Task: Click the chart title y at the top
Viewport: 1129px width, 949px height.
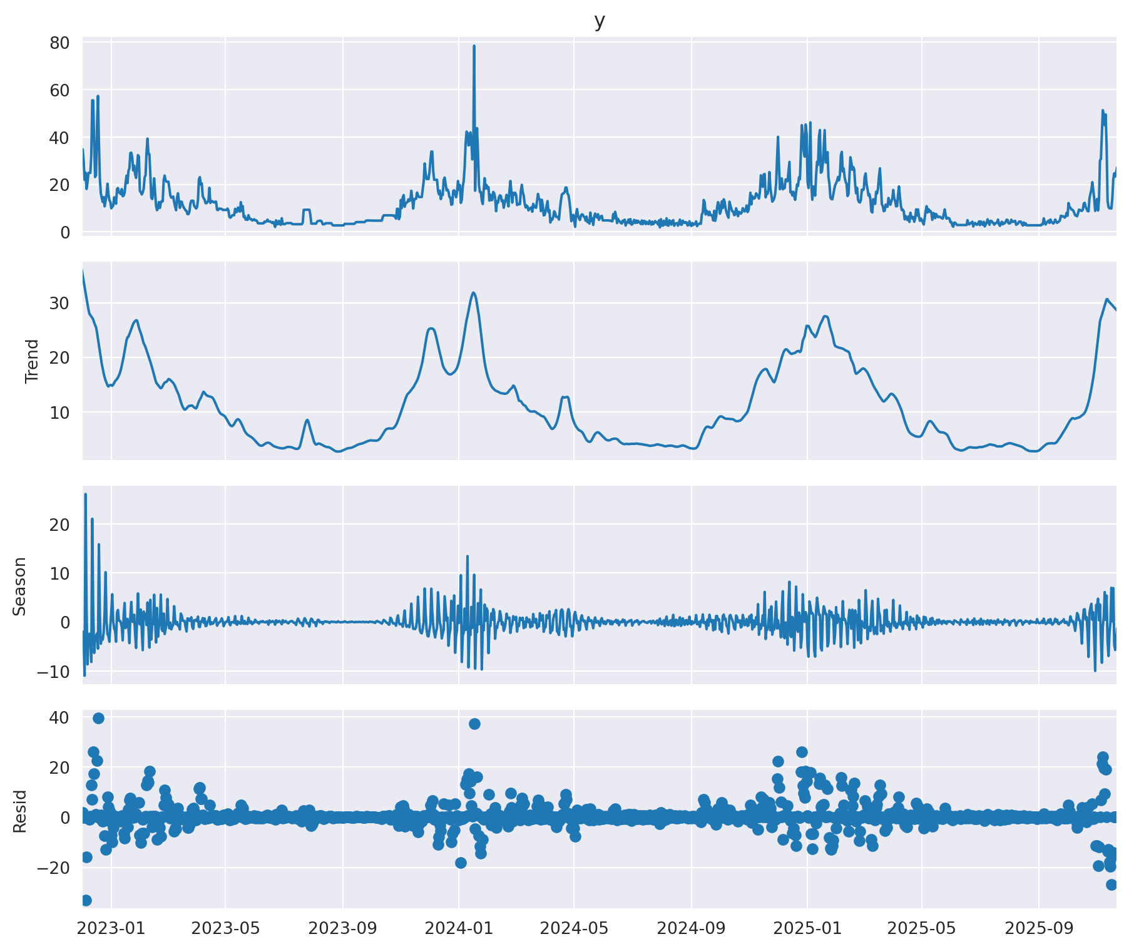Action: click(599, 21)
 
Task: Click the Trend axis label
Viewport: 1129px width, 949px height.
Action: click(32, 361)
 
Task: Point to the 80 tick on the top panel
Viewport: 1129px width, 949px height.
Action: click(60, 43)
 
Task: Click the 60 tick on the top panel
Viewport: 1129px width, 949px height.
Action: click(60, 90)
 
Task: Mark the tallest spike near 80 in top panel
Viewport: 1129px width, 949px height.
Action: click(474, 46)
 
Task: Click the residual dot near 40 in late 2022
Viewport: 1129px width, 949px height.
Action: click(98, 718)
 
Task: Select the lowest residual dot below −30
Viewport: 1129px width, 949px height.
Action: click(86, 900)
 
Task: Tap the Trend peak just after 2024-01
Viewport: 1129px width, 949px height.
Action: click(473, 293)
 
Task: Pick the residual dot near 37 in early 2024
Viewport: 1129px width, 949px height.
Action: click(474, 724)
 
